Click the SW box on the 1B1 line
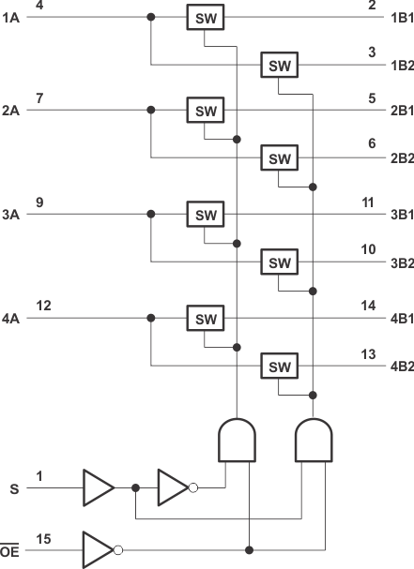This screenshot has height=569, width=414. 205,17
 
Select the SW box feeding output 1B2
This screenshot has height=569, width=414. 280,65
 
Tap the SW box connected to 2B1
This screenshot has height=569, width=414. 205,110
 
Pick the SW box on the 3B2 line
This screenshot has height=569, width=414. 280,262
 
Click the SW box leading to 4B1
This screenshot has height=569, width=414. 205,319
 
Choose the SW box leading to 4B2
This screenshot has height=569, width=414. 280,365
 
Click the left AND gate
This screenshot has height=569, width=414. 238,439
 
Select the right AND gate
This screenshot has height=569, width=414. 314,439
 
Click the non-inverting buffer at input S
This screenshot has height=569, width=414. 98,487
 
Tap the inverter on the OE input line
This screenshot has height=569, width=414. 100,548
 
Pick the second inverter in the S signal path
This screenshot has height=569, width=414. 175,487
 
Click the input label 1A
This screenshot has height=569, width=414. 10,17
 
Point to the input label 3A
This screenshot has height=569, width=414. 10,215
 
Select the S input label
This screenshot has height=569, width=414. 12,488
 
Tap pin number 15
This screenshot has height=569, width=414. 43,538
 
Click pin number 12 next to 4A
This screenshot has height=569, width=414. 43,307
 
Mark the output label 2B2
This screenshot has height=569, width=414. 400,157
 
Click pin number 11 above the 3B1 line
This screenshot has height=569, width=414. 370,202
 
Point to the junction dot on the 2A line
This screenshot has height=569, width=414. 150,110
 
